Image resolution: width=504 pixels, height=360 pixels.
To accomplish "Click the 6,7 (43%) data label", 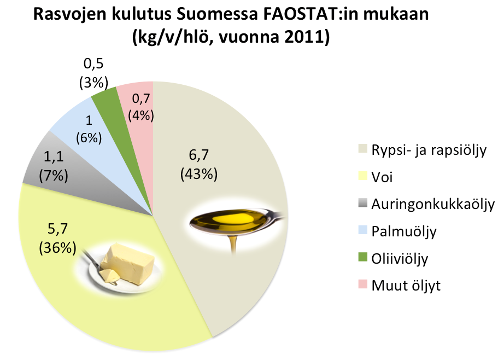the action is [x=199, y=164].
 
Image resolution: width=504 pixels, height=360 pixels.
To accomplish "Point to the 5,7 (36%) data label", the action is [x=57, y=238].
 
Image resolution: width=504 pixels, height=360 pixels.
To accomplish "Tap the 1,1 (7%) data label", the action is [x=54, y=166].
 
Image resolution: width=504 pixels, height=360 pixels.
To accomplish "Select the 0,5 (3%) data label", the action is [x=93, y=73].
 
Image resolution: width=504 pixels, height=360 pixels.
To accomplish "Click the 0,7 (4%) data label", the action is [x=141, y=107].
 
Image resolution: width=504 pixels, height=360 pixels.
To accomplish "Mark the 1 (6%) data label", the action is [x=89, y=129].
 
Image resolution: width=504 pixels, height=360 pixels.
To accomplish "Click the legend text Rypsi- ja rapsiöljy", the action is [x=429, y=150].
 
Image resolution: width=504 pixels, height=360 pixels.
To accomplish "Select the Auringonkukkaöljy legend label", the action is [x=432, y=204].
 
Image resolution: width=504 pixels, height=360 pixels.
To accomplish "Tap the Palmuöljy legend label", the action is [x=404, y=231].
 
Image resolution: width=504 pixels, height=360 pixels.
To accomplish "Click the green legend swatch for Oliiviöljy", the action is [x=363, y=257].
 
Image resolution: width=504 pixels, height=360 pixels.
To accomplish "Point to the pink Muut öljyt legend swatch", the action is [x=363, y=284].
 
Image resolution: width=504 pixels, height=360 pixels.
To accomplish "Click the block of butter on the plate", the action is [x=127, y=264].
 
